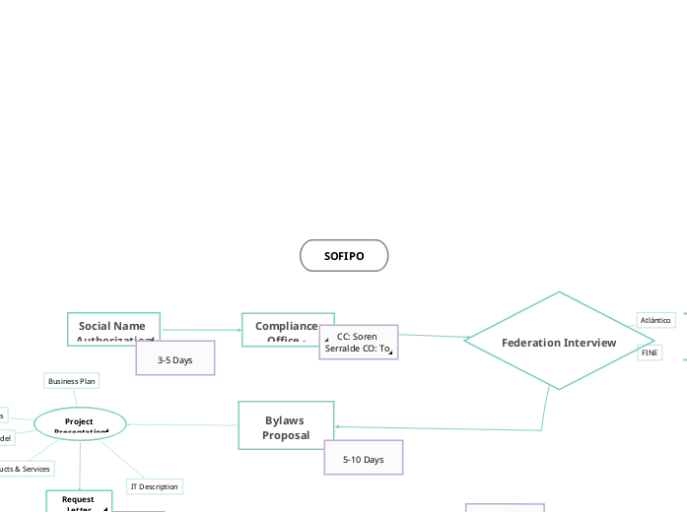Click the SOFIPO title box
click(x=344, y=256)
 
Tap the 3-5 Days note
click(x=175, y=360)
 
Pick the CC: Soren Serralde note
click(x=359, y=343)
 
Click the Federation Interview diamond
click(x=558, y=342)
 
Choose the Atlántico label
click(x=655, y=320)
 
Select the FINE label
click(x=650, y=352)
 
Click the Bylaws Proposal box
click(x=286, y=426)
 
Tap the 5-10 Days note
click(x=363, y=460)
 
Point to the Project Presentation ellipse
click(x=80, y=423)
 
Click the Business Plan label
click(x=71, y=380)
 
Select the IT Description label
click(x=154, y=486)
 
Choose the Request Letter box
click(x=78, y=501)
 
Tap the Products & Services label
click(x=25, y=469)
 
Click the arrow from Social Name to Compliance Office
click(x=201, y=330)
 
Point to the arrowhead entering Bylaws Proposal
click(x=339, y=426)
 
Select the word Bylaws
click(x=284, y=420)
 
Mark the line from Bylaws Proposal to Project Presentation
click(x=182, y=425)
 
